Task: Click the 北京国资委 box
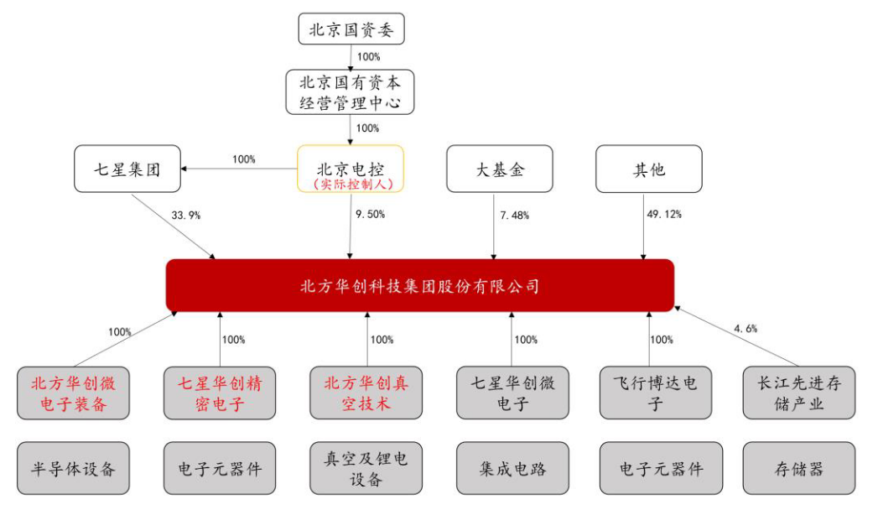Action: (x=351, y=29)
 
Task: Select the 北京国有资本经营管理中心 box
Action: (x=350, y=92)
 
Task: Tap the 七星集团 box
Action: (x=127, y=169)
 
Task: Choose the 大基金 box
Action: (x=500, y=169)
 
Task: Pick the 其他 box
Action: (x=649, y=169)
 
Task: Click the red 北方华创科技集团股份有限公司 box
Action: (x=420, y=285)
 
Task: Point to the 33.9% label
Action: (x=186, y=216)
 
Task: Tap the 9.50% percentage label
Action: (x=370, y=215)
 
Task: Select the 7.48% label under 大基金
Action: (x=515, y=216)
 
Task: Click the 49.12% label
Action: (x=664, y=215)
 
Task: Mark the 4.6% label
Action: (x=746, y=329)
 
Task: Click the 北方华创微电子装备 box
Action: (x=73, y=393)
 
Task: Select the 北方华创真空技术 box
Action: (x=366, y=393)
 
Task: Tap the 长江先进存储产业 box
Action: (x=799, y=393)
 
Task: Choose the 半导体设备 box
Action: (x=73, y=469)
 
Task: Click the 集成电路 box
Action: (x=512, y=469)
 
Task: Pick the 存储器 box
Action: (x=799, y=469)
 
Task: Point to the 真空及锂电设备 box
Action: (x=366, y=469)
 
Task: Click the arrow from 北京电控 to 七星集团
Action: (x=239, y=169)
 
